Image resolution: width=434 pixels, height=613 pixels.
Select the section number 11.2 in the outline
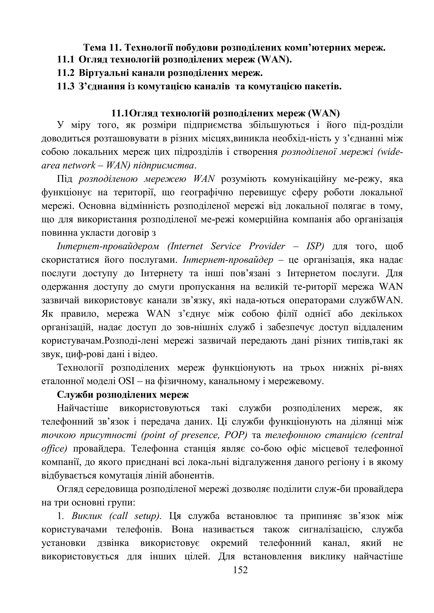[65, 73]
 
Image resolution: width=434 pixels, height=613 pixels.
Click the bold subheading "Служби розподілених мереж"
[123, 395]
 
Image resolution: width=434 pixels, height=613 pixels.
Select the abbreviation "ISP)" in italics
[315, 246]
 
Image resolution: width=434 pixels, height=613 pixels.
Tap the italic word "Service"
[225, 246]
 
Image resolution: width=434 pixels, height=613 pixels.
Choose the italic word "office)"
[54, 449]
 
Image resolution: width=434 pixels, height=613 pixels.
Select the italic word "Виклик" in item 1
[87, 516]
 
